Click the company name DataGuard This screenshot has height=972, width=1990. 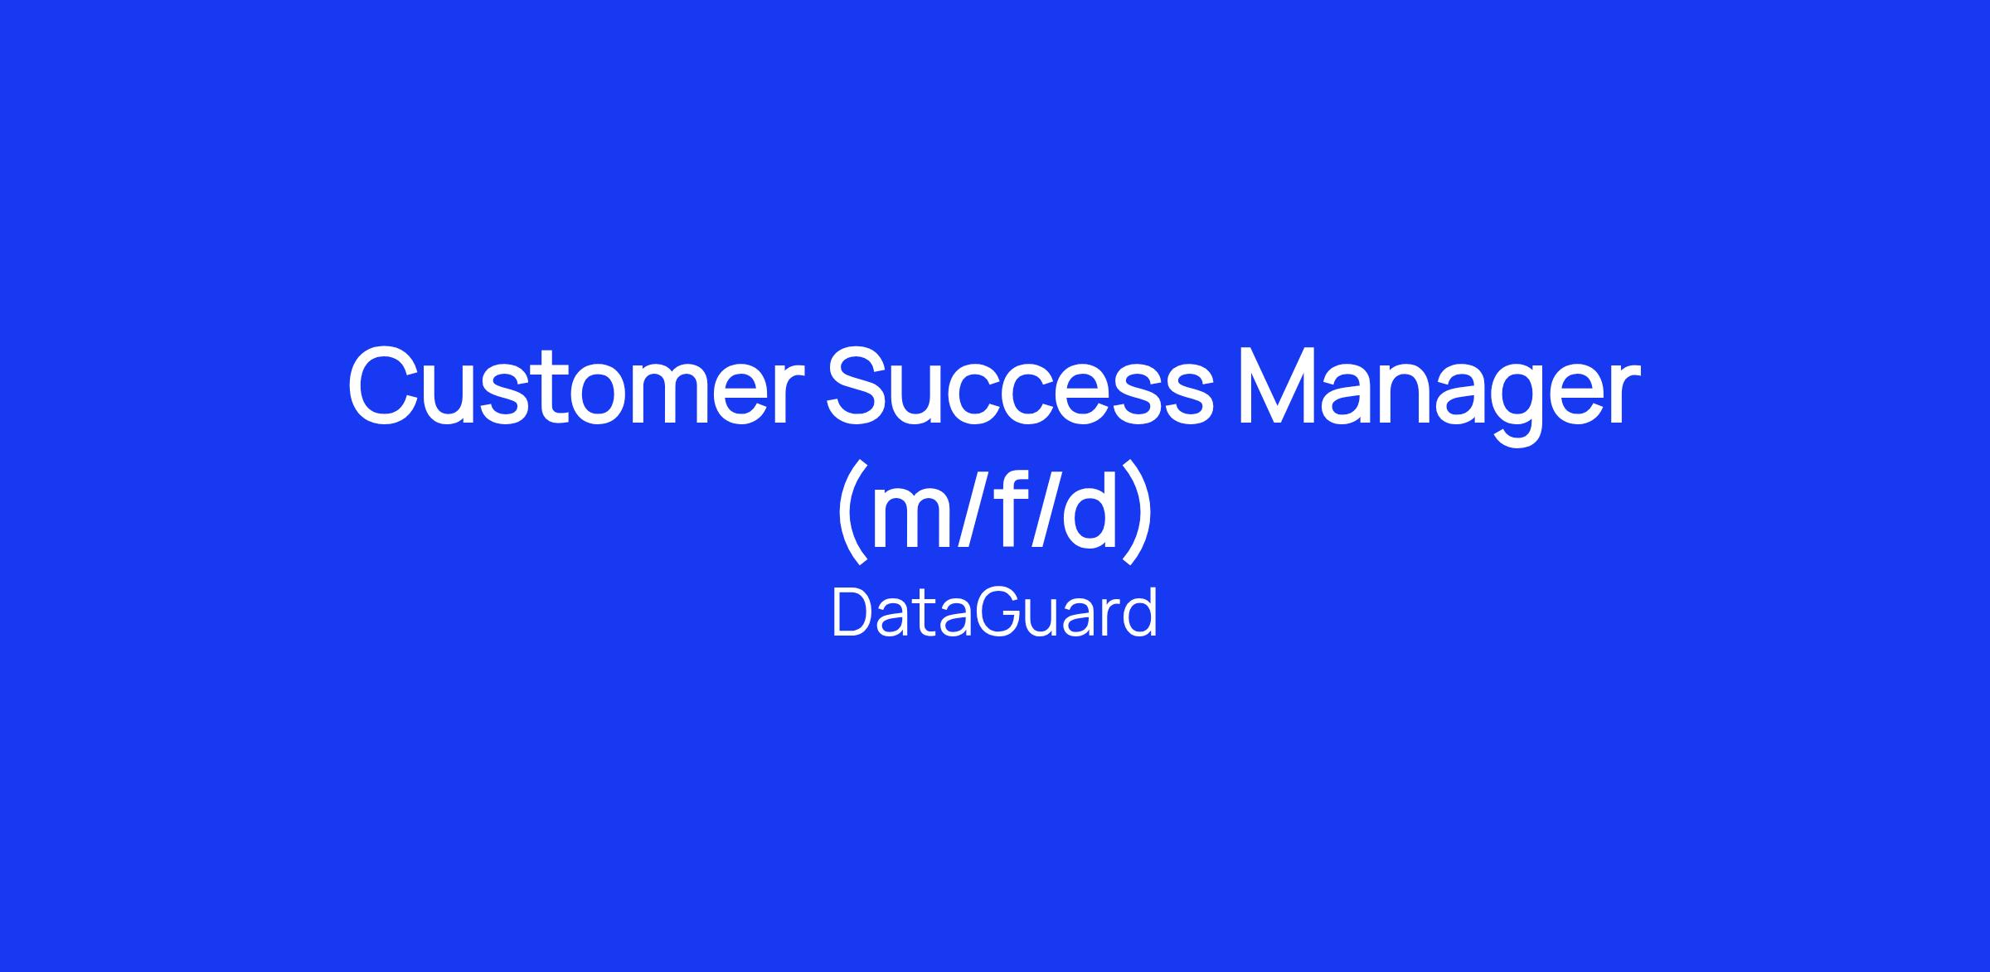[994, 613]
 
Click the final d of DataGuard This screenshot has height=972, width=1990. [1140, 613]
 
